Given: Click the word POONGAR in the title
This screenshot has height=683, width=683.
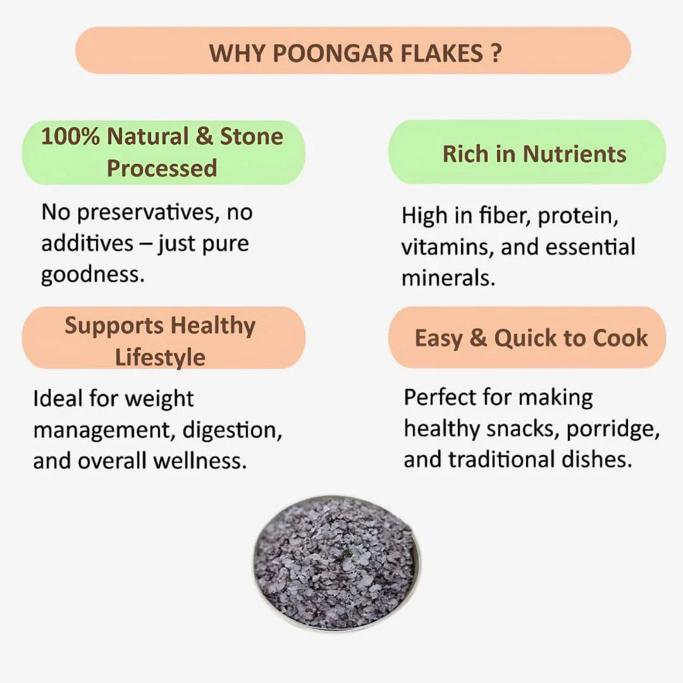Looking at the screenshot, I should (324, 52).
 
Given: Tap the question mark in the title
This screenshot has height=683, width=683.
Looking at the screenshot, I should (496, 52).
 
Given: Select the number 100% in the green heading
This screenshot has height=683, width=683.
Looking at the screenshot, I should (70, 137).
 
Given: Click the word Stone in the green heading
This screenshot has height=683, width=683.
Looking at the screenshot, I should (251, 137).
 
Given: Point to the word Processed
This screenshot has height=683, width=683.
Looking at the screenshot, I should (162, 168).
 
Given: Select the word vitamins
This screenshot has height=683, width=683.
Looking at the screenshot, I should (448, 247).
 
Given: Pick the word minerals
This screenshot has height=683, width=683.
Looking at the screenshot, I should (448, 278).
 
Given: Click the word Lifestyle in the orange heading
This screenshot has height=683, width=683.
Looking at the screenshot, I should (160, 357).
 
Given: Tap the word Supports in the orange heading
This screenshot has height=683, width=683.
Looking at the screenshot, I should (114, 326).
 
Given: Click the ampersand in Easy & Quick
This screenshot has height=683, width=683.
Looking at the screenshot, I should (478, 338).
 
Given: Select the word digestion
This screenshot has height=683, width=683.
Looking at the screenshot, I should (232, 430).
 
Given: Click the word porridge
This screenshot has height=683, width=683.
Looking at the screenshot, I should (613, 429).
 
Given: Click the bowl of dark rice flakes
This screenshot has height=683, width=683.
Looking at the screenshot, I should (336, 563).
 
